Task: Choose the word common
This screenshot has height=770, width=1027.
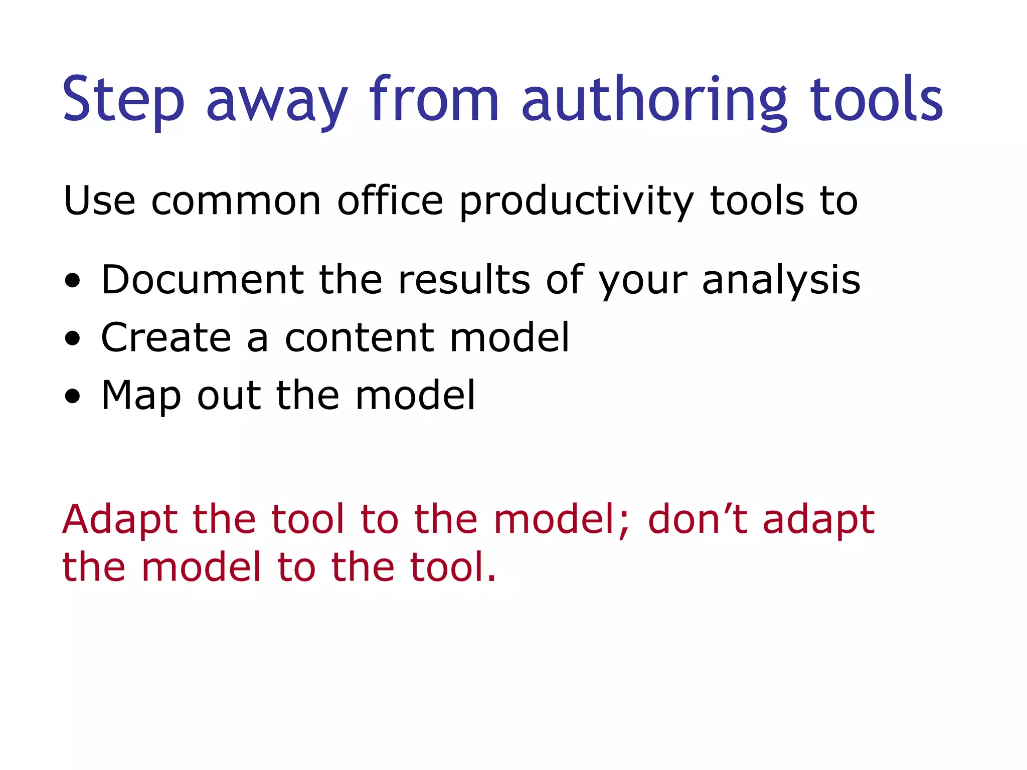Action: [x=236, y=201]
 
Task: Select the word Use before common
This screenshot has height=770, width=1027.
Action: [x=100, y=201]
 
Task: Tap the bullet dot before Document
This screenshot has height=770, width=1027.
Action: [x=73, y=281]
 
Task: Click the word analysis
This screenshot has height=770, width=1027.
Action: [x=781, y=281]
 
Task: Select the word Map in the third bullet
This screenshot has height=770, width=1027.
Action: [x=141, y=396]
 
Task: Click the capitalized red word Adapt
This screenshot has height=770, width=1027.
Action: [x=120, y=520]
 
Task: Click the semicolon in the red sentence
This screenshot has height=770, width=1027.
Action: [x=623, y=525]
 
